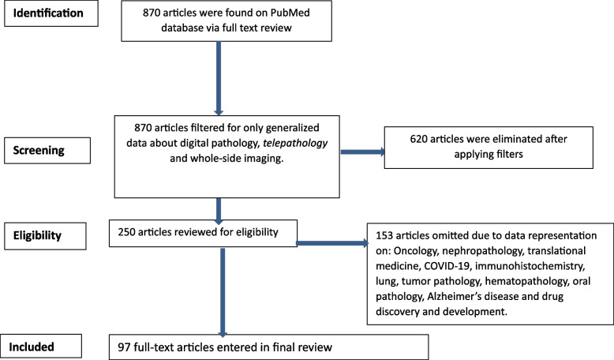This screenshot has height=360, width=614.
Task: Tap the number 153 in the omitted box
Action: pos(384,223)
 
